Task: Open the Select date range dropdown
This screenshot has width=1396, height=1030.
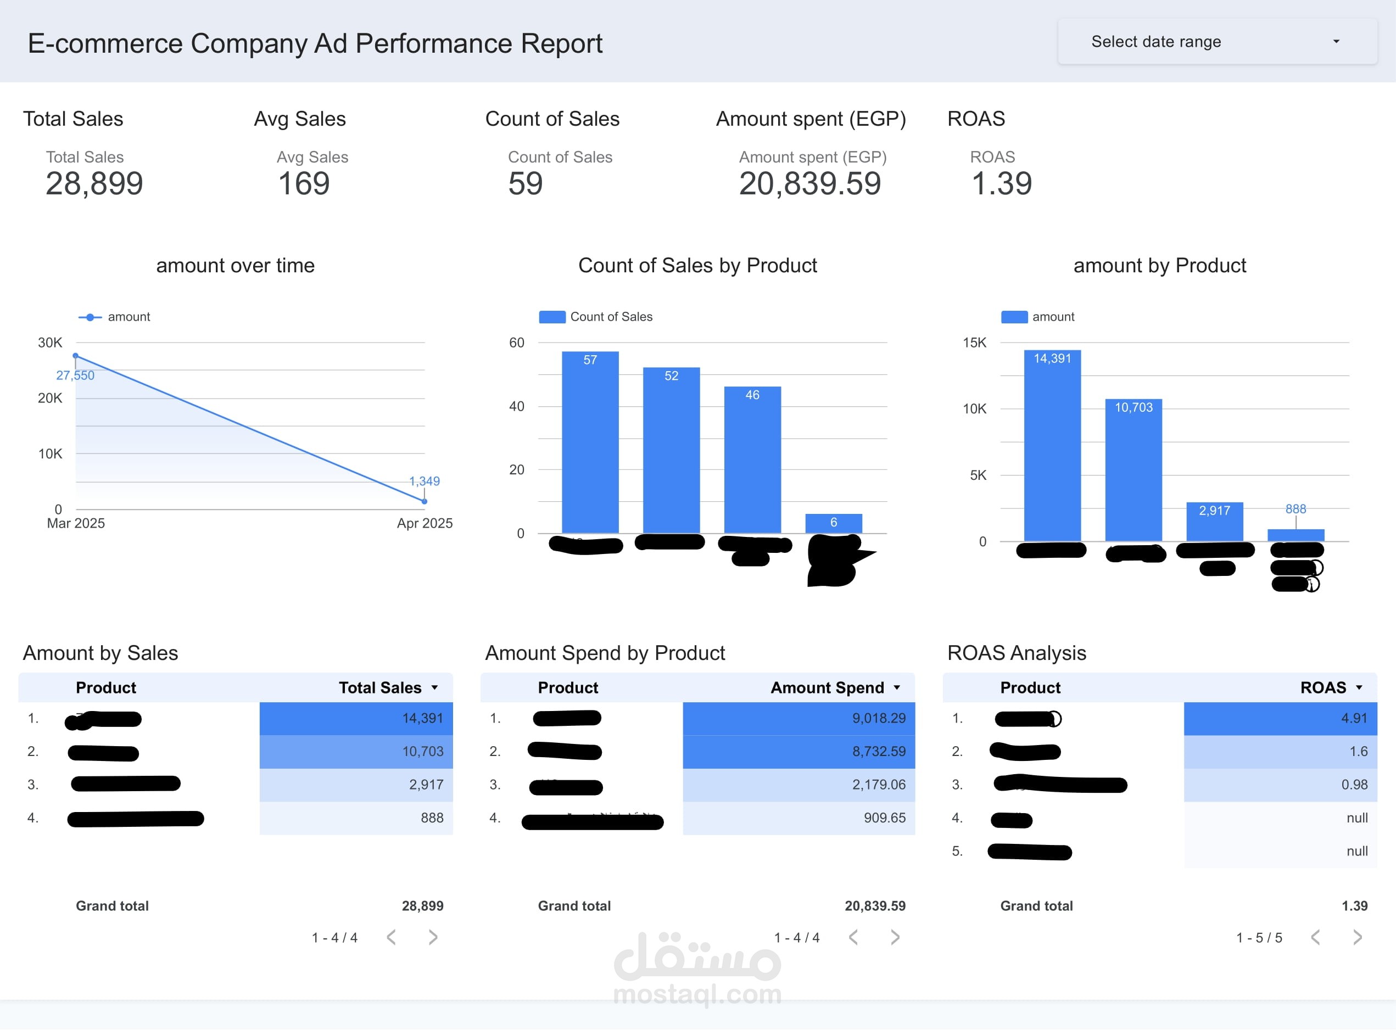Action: tap(1216, 42)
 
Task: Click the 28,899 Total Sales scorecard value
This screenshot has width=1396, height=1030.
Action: tap(94, 183)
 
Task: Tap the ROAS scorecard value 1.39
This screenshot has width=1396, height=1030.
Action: tap(1001, 183)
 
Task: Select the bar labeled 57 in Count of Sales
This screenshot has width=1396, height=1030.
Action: tap(590, 443)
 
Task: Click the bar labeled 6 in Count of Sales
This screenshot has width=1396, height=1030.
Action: tap(833, 523)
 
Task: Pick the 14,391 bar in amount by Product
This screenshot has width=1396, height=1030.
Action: tap(1052, 446)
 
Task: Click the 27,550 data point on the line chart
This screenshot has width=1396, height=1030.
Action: tap(75, 356)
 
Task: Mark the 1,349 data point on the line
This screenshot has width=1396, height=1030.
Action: tap(425, 501)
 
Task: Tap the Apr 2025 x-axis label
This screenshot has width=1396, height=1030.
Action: tap(425, 523)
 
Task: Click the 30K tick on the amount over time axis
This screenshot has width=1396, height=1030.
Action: tap(50, 342)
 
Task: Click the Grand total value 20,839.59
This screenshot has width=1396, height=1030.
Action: tap(875, 906)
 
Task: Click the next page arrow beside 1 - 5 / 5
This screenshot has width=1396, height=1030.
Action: tap(1358, 937)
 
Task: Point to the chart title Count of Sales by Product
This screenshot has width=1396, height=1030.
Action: tap(697, 266)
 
